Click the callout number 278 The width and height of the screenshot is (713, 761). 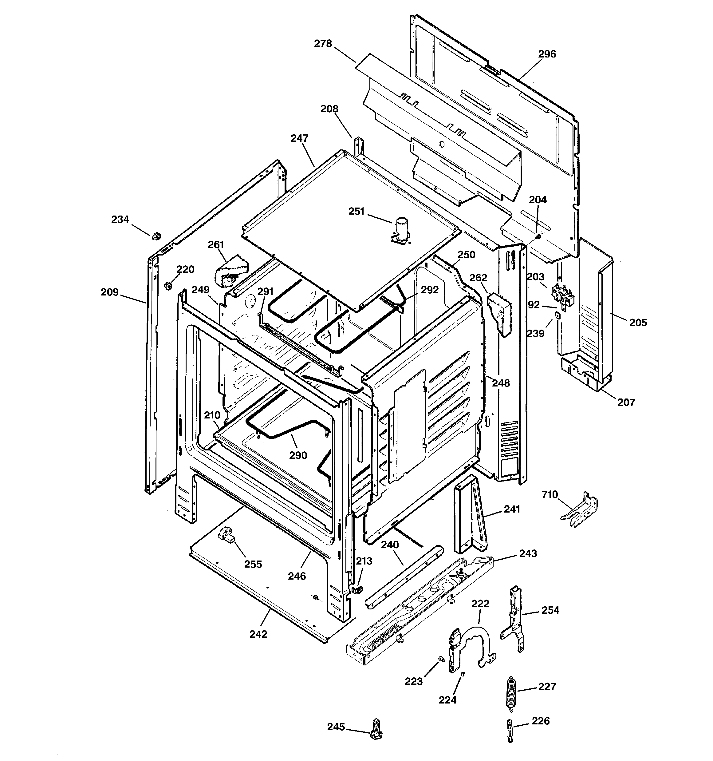(323, 44)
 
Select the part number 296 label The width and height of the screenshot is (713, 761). (547, 54)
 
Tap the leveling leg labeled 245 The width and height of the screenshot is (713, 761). (376, 730)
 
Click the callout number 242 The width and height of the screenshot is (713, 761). (258, 634)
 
